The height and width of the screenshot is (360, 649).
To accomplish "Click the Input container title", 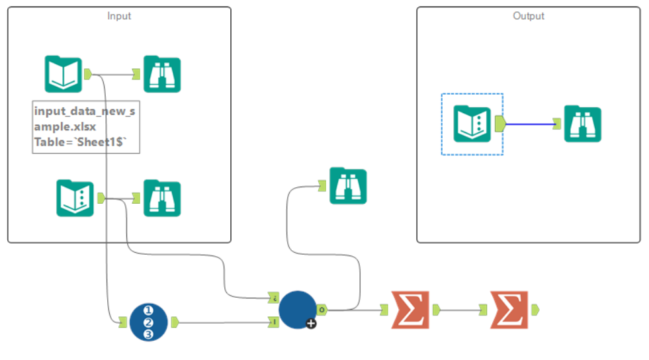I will click(x=119, y=16).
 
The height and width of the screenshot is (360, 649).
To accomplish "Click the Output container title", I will click(x=529, y=16).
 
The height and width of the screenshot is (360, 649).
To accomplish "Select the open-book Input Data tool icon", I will click(x=63, y=74).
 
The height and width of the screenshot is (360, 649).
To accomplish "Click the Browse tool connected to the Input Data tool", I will click(x=162, y=74).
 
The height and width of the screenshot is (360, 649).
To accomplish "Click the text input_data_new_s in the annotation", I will click(x=84, y=111).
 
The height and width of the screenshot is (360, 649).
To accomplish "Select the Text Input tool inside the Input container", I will click(x=75, y=198).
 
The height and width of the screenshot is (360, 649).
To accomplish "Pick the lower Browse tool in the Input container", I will click(x=162, y=198).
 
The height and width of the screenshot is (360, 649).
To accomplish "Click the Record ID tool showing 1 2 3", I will click(x=148, y=322).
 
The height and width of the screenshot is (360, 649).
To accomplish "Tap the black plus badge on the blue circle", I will click(x=311, y=323).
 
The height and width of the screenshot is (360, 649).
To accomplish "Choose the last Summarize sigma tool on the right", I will click(x=508, y=309).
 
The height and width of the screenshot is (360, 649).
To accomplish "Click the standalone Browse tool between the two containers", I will click(x=348, y=187).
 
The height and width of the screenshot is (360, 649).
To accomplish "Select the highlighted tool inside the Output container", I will click(x=472, y=124).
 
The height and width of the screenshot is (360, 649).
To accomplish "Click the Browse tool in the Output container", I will click(x=582, y=124).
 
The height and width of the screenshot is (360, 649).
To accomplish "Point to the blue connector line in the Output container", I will click(x=529, y=124).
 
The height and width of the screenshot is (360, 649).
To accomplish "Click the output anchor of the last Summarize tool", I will click(x=535, y=309).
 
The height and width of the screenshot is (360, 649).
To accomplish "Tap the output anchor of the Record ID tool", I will click(x=175, y=322).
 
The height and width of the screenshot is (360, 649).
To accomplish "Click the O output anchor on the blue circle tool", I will click(x=321, y=309).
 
